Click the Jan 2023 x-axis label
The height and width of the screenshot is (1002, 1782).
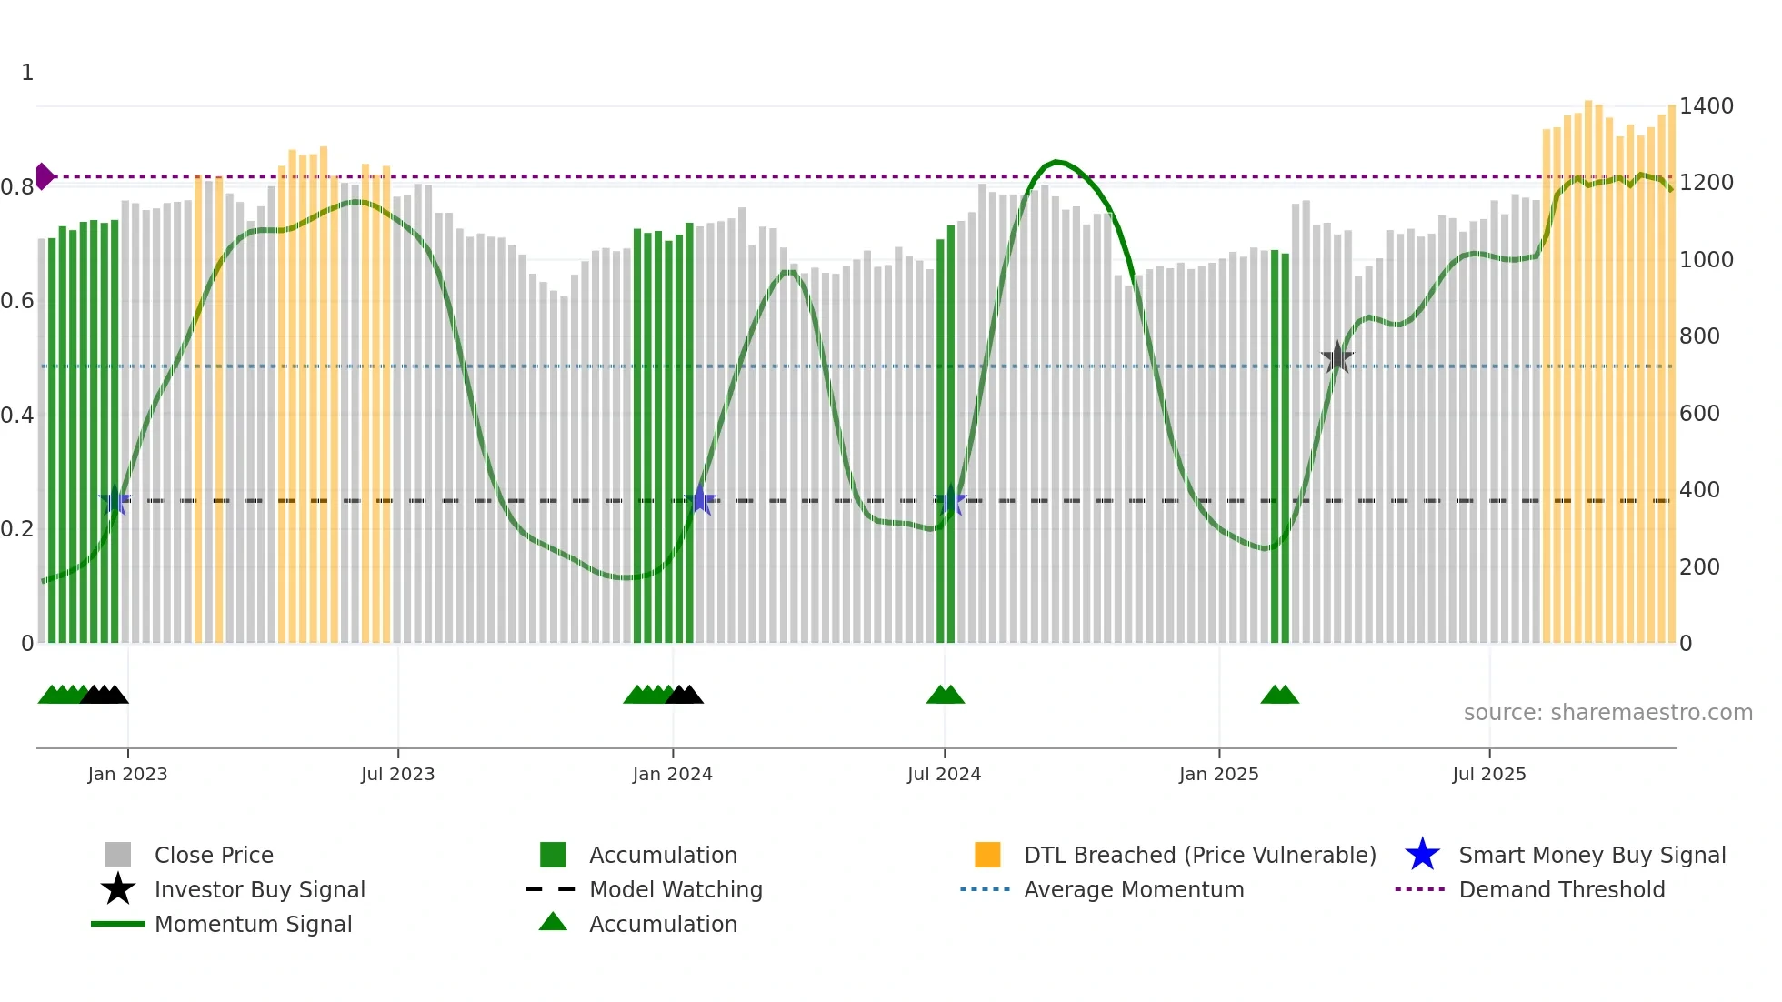point(127,774)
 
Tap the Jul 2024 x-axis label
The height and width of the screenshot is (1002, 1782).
point(944,774)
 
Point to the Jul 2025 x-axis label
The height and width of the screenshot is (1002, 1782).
point(1488,774)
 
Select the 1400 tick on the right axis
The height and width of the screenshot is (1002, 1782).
point(1706,106)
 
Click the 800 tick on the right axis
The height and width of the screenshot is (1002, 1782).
point(1699,336)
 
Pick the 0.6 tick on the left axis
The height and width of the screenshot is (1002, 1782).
point(17,301)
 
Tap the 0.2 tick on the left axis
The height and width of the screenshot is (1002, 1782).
point(17,529)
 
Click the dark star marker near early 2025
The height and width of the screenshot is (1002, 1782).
point(1336,357)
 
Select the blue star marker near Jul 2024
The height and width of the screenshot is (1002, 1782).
point(950,500)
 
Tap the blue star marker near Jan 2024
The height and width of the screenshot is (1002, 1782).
point(700,500)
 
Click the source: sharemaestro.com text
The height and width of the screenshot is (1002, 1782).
point(1607,713)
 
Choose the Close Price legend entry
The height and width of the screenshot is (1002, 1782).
point(214,856)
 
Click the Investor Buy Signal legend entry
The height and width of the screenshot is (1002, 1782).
point(259,890)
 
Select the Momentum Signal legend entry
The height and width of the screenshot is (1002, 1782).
point(253,925)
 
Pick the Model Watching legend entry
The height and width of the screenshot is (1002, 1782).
point(676,890)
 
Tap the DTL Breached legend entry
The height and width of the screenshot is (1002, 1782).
point(1199,856)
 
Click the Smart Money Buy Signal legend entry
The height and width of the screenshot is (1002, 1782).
point(1592,856)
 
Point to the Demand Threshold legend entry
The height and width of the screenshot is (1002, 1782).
point(1561,890)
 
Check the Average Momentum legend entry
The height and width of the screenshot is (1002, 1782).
point(1134,890)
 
